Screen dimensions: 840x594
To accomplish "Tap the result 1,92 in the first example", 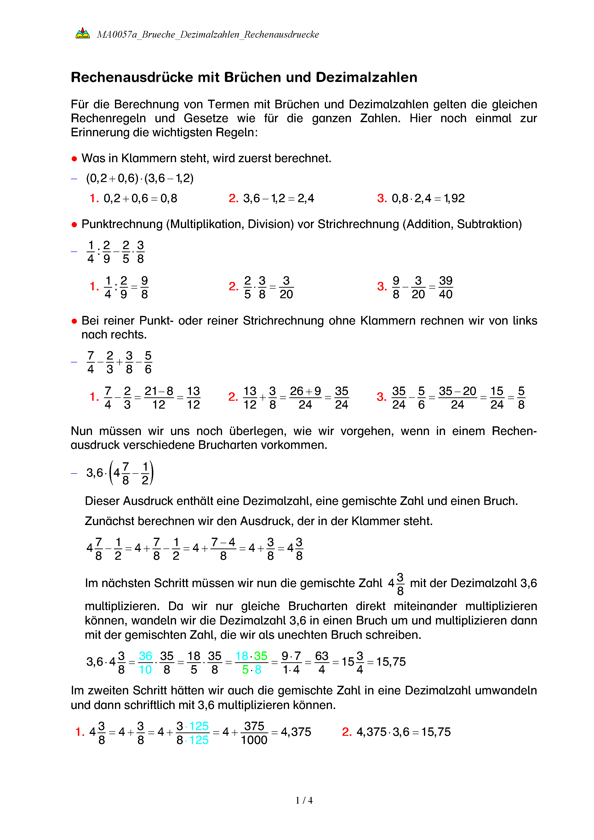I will (x=454, y=198).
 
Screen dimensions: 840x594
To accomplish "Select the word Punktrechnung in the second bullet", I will (x=122, y=224).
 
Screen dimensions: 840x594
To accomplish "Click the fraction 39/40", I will (x=445, y=287).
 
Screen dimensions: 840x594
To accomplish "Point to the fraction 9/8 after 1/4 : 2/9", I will (x=144, y=287).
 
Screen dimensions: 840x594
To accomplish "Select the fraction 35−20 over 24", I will (x=457, y=397).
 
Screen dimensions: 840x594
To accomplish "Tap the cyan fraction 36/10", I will (x=145, y=663).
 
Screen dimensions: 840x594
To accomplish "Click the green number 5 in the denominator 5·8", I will (x=246, y=669).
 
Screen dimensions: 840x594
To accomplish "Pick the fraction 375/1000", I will (x=254, y=733).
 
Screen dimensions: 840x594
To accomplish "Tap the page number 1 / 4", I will (x=304, y=800).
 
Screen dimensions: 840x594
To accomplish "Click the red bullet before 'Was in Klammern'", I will (x=74, y=159).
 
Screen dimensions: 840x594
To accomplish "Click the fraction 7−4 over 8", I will (x=223, y=549).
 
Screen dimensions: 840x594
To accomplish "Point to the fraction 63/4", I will (x=321, y=663).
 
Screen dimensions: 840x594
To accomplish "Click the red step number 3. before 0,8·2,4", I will (x=382, y=198).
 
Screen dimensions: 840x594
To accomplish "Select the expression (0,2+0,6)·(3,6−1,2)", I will (x=140, y=178).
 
